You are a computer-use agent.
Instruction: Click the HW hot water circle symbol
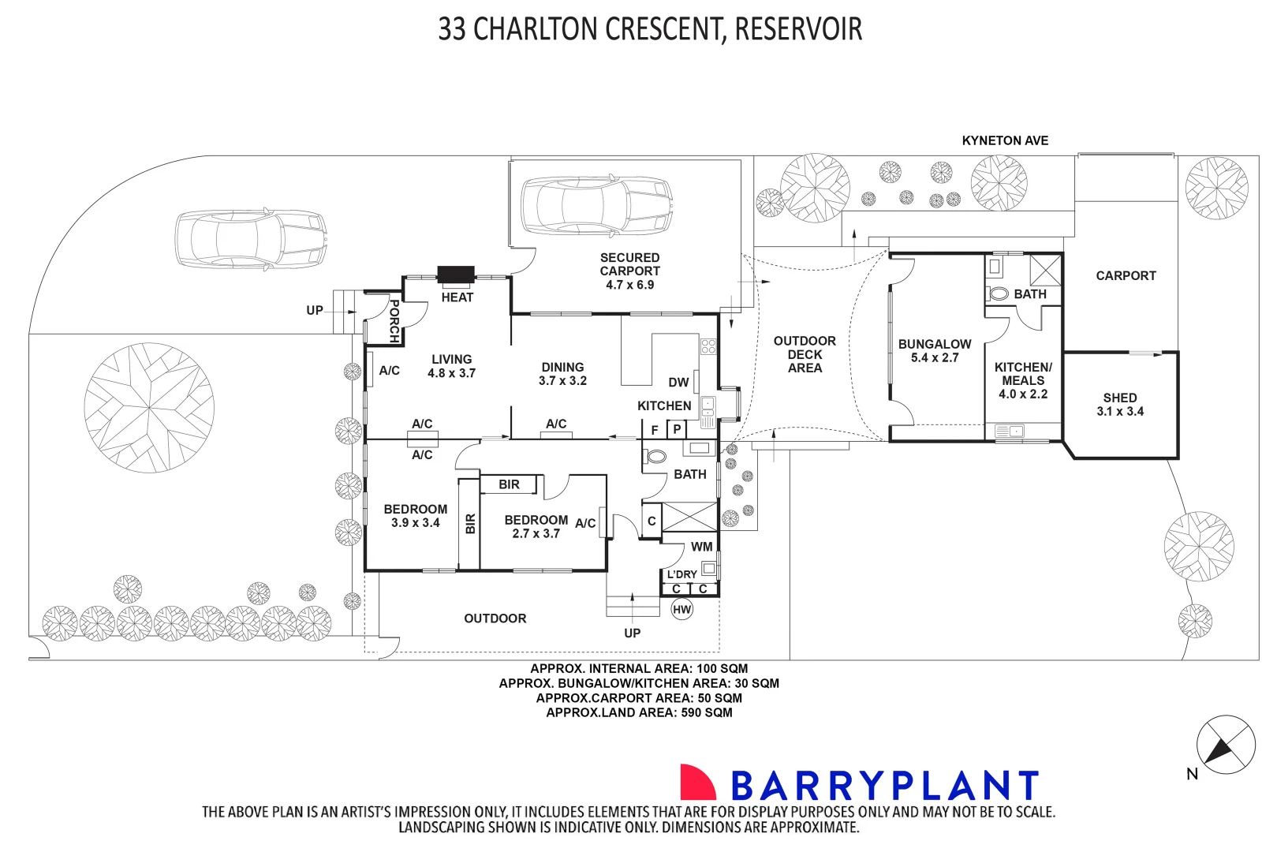click(681, 609)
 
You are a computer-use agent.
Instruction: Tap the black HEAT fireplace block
click(456, 275)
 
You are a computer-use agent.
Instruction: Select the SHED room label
click(1120, 404)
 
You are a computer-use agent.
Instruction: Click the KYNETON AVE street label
click(1005, 140)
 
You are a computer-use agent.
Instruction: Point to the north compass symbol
click(1225, 745)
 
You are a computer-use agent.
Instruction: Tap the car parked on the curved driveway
click(251, 238)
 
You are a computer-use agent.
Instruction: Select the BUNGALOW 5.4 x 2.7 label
click(935, 350)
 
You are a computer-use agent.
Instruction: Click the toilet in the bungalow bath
click(999, 293)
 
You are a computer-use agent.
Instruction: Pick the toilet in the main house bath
click(655, 456)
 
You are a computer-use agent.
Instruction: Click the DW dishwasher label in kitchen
click(678, 383)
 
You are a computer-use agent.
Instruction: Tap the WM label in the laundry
click(701, 547)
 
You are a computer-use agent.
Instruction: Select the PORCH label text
click(394, 320)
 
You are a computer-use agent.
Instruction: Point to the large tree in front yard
click(149, 408)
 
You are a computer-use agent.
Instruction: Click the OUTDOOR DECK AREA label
click(805, 354)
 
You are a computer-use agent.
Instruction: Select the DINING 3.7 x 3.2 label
click(562, 373)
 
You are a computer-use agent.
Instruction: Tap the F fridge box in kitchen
click(654, 430)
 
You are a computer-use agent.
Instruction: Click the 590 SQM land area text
click(707, 712)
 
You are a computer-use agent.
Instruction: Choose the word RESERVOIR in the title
click(798, 29)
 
